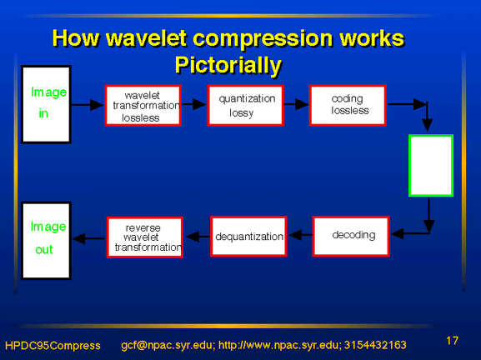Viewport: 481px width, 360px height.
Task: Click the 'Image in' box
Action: point(46,104)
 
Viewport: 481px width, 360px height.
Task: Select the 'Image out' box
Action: point(46,241)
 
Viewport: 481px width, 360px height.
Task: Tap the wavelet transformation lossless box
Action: point(143,106)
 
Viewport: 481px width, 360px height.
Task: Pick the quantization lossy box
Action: point(246,106)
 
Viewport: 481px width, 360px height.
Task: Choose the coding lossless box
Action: point(348,106)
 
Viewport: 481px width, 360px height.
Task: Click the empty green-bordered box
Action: point(431,166)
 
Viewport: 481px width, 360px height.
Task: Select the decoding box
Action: point(351,236)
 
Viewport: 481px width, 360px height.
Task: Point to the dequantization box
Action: point(248,236)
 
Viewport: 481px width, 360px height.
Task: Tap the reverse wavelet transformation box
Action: point(145,237)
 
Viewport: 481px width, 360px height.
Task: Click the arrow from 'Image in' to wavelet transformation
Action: point(88,105)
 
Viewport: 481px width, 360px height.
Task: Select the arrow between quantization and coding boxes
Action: point(296,104)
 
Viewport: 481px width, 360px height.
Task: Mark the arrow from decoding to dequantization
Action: point(301,235)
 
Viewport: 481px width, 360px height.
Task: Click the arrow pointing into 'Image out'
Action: point(89,238)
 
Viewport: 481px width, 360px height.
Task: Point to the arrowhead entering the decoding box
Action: point(398,234)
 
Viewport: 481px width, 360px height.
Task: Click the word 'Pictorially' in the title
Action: point(228,66)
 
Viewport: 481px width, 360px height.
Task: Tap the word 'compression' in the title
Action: point(263,38)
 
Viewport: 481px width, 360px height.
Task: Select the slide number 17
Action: point(452,341)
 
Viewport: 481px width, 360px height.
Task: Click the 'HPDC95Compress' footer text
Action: point(53,346)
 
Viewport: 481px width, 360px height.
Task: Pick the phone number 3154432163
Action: point(375,345)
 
